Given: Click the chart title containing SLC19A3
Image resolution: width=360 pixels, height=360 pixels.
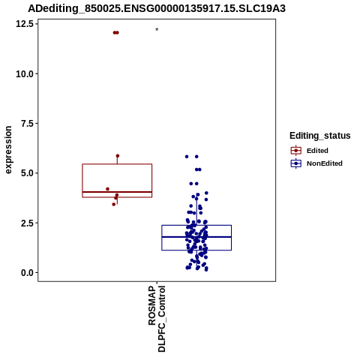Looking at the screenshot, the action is pos(157,8).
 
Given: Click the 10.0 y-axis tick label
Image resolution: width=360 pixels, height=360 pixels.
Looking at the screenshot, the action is pos(25,73).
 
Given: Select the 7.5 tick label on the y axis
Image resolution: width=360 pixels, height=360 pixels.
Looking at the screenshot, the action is pos(28,123).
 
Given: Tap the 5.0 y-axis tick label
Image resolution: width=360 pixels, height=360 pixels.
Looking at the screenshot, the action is pos(28,173).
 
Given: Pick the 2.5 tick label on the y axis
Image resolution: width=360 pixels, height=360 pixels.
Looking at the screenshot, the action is pos(28,223).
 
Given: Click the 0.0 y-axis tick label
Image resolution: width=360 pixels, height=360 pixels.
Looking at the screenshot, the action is pos(28,272).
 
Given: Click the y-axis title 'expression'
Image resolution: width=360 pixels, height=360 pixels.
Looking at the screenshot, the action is pos(8,150).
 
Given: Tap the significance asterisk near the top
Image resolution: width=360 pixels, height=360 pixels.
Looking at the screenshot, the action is pos(157,30).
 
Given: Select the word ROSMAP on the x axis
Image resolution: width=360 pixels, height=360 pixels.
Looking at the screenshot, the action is pos(152,305).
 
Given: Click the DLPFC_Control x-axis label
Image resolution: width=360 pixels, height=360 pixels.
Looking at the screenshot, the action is pos(162,319).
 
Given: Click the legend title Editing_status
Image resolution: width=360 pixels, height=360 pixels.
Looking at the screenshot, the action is pos(319,136).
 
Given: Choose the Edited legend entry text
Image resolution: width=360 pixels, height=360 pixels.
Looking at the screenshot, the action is pos(317,151).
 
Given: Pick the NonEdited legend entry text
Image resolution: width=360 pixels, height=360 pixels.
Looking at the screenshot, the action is pos(325,163).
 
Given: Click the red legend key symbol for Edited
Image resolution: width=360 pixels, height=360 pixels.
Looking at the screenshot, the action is pos(296,151).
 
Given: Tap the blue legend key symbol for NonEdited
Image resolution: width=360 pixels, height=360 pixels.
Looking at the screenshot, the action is pos(296,163).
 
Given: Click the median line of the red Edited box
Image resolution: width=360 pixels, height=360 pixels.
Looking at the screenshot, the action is pos(117,192).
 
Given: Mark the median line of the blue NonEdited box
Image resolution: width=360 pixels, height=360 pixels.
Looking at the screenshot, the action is pos(196,237).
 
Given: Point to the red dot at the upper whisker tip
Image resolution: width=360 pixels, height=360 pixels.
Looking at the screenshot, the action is pos(118,156).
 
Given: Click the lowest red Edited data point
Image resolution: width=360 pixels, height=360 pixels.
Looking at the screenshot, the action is pos(114,204).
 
